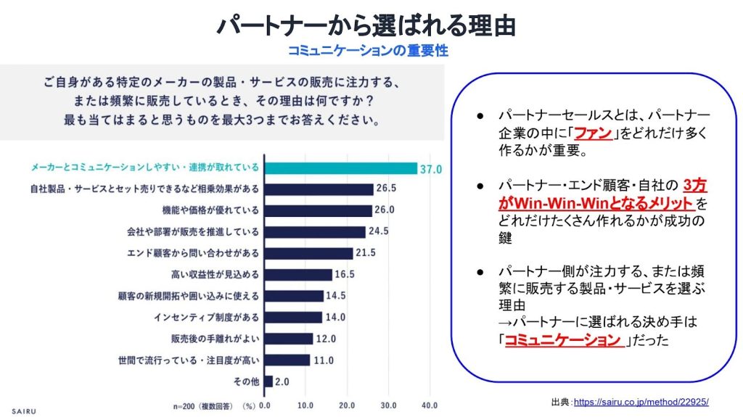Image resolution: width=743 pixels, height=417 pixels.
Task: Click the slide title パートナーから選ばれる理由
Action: click(x=366, y=25)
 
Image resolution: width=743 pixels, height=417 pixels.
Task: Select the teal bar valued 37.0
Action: click(x=341, y=168)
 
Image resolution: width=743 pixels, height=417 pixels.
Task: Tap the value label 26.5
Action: click(x=386, y=189)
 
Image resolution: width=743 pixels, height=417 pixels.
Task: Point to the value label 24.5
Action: click(x=377, y=232)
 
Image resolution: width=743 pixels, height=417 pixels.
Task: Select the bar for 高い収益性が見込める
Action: click(x=298, y=275)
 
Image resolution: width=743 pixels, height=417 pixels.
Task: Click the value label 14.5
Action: click(x=335, y=296)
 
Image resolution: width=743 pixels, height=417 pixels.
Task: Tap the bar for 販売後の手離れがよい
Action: click(x=289, y=339)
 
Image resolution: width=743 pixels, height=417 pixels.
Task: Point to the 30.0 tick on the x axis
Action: click(x=389, y=404)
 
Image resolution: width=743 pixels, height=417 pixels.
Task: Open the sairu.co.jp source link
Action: click(x=641, y=402)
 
